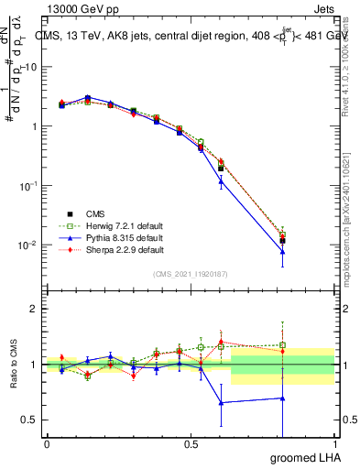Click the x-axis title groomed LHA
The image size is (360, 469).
(x=306, y=457)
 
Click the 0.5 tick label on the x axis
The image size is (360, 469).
(x=191, y=444)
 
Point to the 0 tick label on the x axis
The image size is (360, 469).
(x=47, y=444)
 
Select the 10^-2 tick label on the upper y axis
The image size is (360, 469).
(x=30, y=245)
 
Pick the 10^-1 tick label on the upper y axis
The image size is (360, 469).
(x=30, y=185)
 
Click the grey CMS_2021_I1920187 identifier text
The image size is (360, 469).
(x=190, y=274)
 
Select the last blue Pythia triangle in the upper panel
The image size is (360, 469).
(x=282, y=252)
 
